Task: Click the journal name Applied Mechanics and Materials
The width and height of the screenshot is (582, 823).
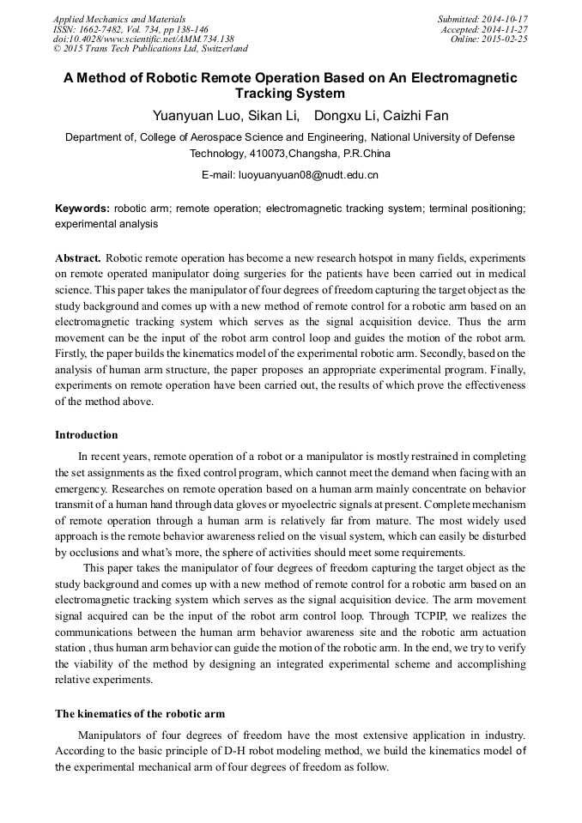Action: [x=119, y=19]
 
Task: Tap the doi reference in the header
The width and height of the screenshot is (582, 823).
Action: [x=143, y=39]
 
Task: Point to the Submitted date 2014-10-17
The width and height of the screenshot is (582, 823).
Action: [x=482, y=19]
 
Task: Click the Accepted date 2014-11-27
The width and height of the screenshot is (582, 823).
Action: [x=484, y=29]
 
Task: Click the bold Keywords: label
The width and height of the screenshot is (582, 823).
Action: [x=82, y=209]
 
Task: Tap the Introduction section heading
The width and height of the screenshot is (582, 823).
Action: [x=87, y=435]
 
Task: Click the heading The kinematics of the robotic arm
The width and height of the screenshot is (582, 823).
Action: [x=140, y=714]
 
